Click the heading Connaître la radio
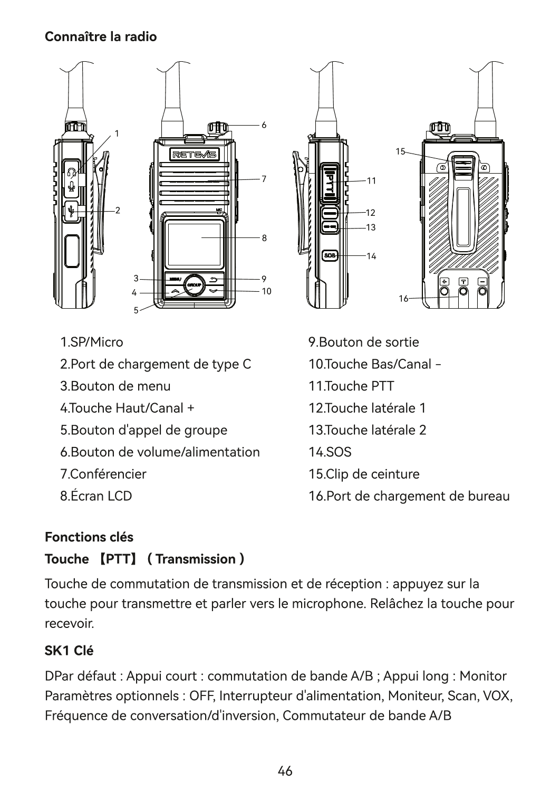101,37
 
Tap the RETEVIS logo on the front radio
194,155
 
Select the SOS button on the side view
330,255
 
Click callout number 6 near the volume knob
264,126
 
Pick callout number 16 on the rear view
403,299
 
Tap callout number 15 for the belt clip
400,151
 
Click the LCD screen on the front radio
194,245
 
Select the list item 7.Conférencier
103,474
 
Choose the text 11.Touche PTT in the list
351,386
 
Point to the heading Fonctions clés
89,537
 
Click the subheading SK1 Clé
69,651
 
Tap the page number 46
285,771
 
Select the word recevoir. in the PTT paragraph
70,624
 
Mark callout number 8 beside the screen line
264,238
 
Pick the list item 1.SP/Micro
92,342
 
